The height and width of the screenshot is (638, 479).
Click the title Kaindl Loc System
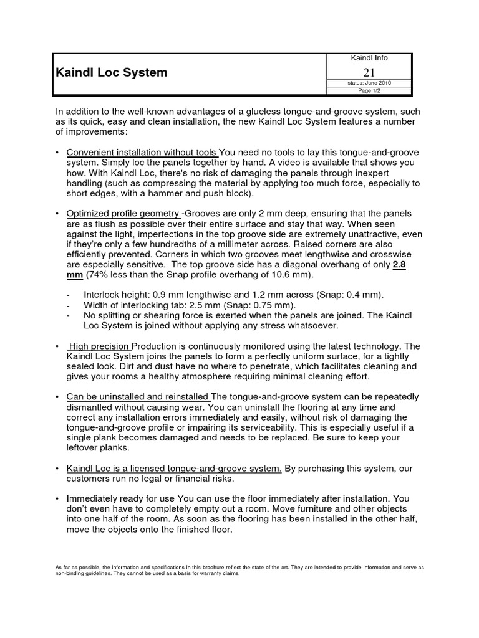[x=112, y=72]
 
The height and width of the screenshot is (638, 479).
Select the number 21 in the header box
[x=369, y=72]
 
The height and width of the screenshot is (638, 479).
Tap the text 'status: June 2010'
[x=369, y=83]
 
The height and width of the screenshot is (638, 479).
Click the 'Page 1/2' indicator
[x=369, y=91]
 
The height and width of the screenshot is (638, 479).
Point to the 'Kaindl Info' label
[x=369, y=58]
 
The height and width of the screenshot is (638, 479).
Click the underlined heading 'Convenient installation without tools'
[x=142, y=153]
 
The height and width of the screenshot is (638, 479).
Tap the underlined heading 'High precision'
[x=99, y=346]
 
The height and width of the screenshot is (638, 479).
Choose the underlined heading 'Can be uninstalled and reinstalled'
[x=138, y=397]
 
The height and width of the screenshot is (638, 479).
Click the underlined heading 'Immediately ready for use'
[x=122, y=498]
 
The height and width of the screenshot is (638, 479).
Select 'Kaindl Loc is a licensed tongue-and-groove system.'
[x=174, y=468]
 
